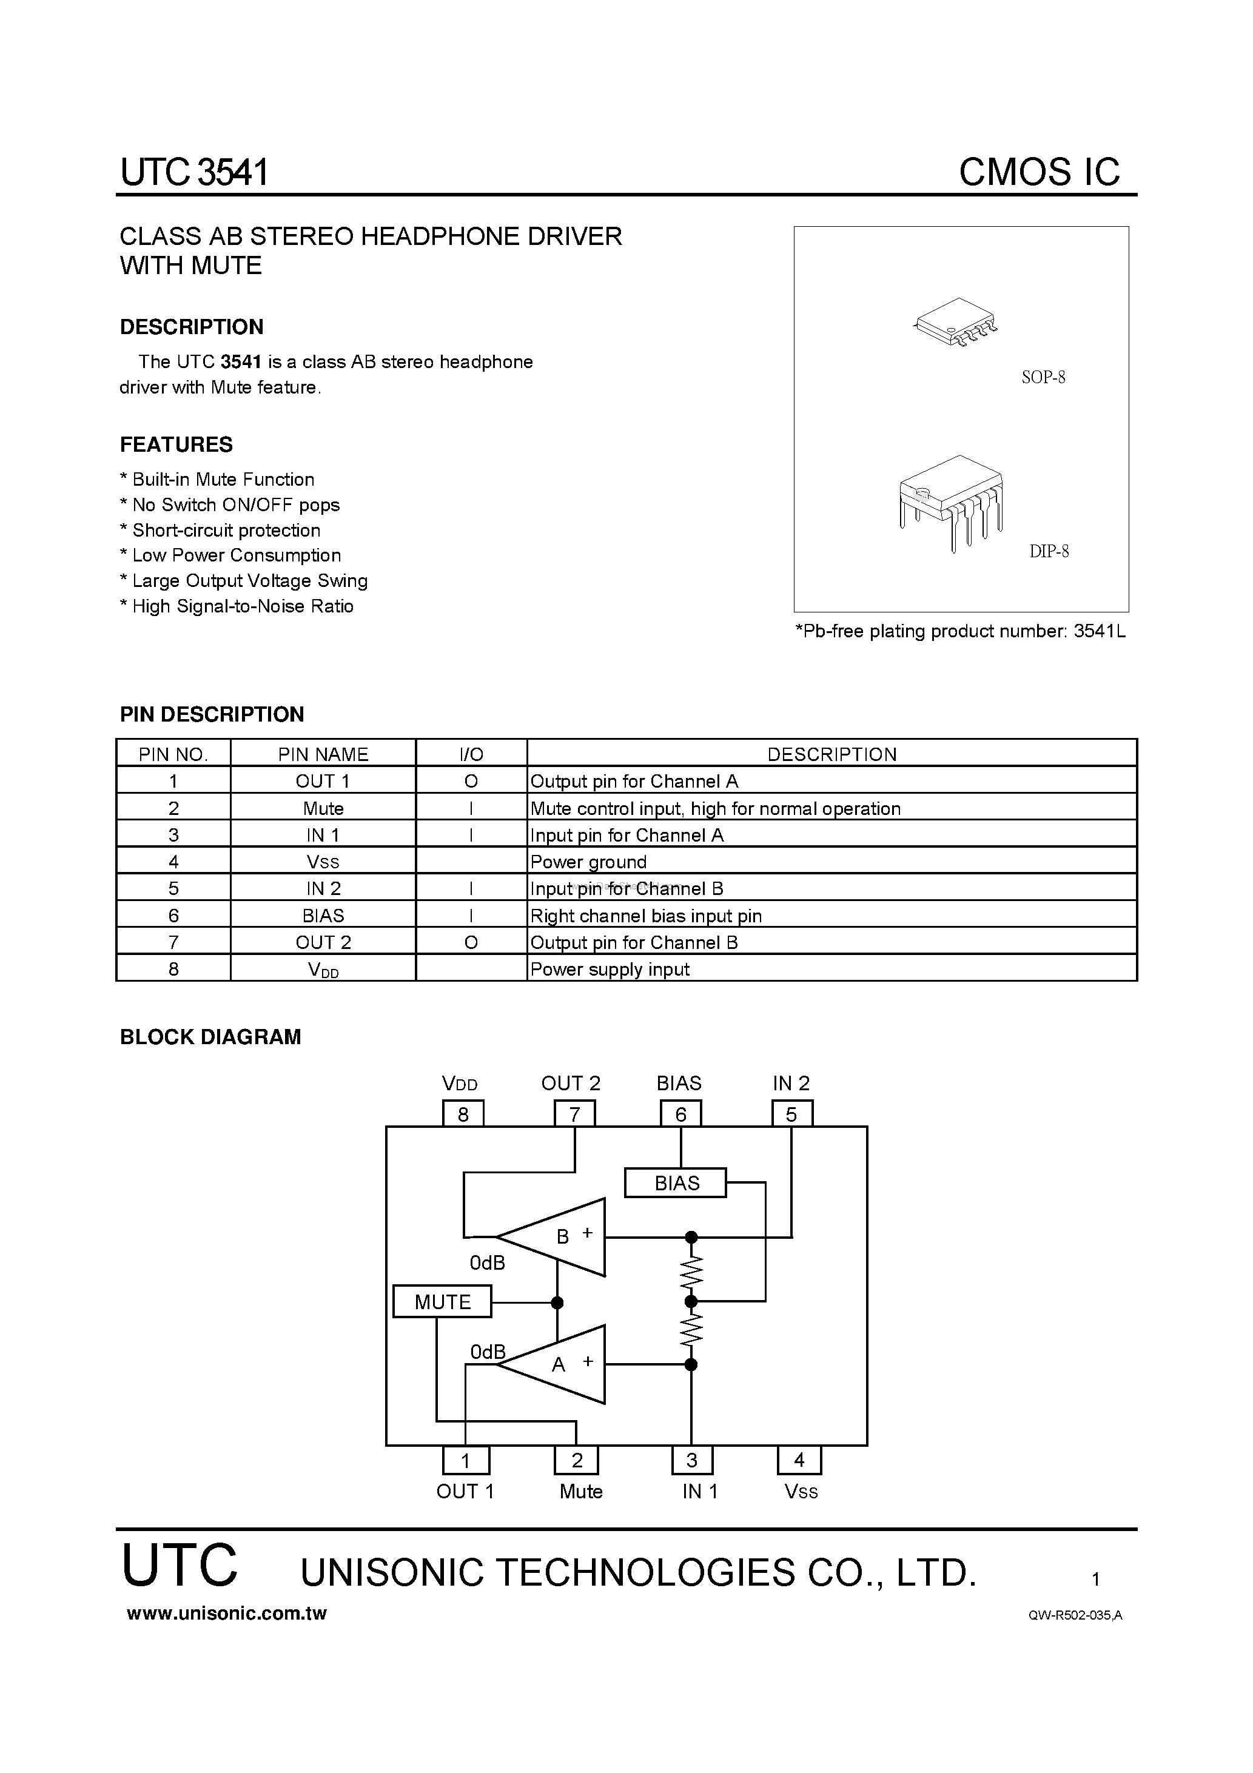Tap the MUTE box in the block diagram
click(x=442, y=1301)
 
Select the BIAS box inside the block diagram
click(x=675, y=1182)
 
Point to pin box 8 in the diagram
click(x=463, y=1113)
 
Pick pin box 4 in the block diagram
click(x=799, y=1460)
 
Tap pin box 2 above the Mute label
click(x=576, y=1460)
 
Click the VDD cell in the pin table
click(x=323, y=969)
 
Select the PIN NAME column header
click(x=323, y=754)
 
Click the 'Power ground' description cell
click(x=589, y=862)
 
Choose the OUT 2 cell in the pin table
click(x=323, y=942)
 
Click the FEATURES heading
click(x=176, y=445)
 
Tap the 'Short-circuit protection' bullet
click(x=226, y=531)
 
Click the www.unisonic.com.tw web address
click(x=226, y=1613)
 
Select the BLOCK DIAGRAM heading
click(x=210, y=1037)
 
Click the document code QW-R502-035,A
click(x=1075, y=1615)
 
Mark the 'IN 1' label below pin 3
click(x=699, y=1491)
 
